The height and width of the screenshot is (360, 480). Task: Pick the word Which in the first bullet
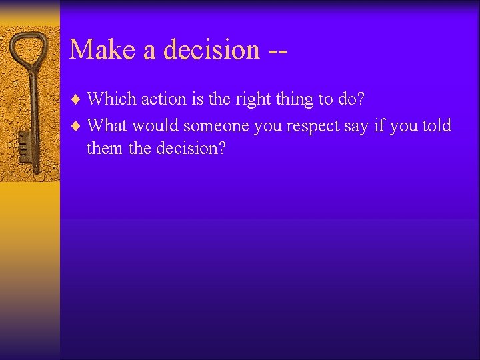110,99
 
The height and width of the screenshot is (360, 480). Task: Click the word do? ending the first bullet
349,99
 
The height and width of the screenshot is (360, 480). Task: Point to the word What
107,125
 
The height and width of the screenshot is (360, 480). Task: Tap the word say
357,127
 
